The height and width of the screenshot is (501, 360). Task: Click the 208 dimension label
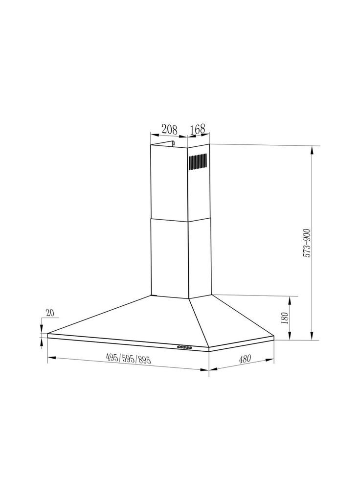pyautogui.click(x=169, y=129)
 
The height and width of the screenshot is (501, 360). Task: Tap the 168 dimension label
pyautogui.click(x=197, y=129)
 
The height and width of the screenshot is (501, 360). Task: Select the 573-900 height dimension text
pyautogui.click(x=307, y=244)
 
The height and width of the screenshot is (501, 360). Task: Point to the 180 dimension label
pyautogui.click(x=285, y=318)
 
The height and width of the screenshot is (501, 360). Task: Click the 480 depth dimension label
pyautogui.click(x=245, y=359)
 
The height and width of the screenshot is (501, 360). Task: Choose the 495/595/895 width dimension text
pyautogui.click(x=128, y=360)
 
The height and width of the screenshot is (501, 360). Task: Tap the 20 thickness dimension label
pyautogui.click(x=50, y=313)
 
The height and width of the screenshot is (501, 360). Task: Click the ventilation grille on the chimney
pyautogui.click(x=198, y=162)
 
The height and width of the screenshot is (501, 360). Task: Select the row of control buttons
pyautogui.click(x=184, y=347)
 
